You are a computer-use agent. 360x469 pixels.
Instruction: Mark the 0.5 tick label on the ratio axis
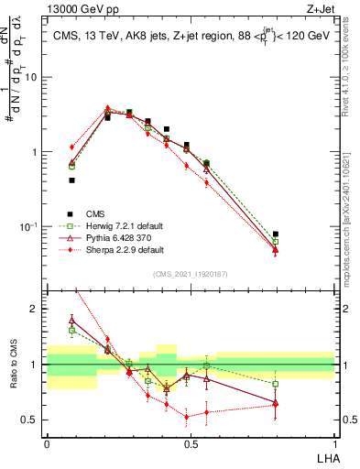30,420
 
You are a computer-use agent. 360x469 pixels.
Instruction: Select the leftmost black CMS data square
71,180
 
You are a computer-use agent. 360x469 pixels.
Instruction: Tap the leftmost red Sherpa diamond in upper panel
71,147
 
